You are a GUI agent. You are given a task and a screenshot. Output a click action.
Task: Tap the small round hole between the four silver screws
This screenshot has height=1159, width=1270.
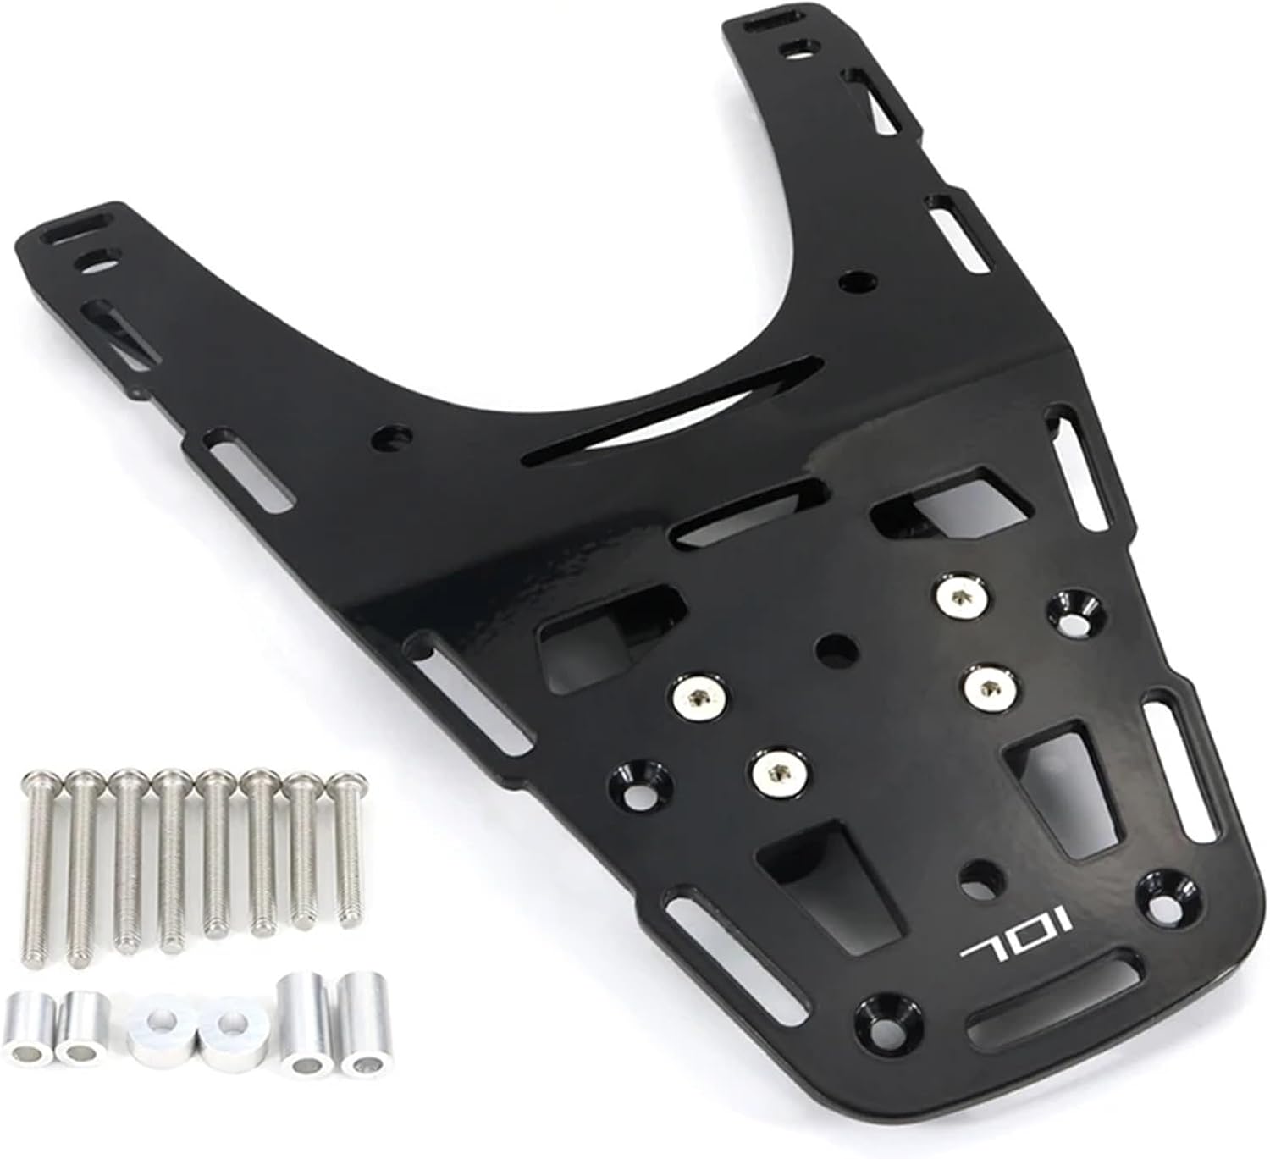837,650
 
